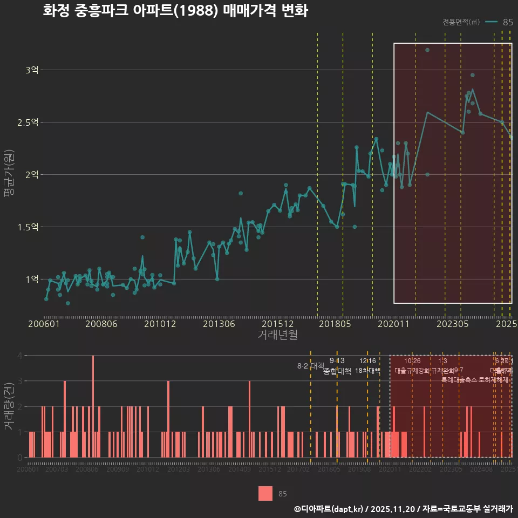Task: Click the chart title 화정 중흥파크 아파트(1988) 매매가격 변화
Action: [x=175, y=11]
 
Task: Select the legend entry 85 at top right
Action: [x=507, y=22]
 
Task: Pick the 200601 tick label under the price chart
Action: [x=44, y=324]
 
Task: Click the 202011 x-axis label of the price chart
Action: [x=394, y=324]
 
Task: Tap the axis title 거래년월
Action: [x=277, y=335]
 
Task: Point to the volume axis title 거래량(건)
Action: [x=9, y=406]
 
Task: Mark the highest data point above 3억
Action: [x=427, y=50]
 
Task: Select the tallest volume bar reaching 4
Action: [x=93, y=406]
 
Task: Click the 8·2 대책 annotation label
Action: [x=310, y=366]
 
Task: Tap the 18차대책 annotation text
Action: [x=367, y=371]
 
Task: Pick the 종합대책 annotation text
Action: [x=337, y=371]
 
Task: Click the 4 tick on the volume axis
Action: [x=20, y=356]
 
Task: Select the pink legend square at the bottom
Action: [x=265, y=493]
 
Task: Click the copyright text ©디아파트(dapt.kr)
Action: [x=329, y=509]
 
